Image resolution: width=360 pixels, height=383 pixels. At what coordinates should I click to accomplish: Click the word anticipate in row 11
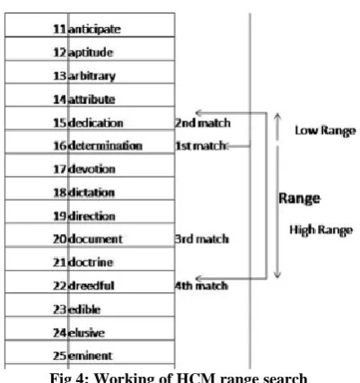tap(94, 30)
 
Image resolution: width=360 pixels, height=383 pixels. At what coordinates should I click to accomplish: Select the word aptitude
tap(91, 53)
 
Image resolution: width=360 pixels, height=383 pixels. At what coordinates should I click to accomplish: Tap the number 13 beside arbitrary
tap(59, 76)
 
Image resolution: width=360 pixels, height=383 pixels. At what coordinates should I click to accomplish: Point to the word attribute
tap(92, 100)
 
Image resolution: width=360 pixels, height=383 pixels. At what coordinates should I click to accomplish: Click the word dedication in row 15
tap(96, 123)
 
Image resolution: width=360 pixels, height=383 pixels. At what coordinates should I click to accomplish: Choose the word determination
tap(105, 146)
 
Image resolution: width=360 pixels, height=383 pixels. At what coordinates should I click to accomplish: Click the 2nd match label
tap(203, 123)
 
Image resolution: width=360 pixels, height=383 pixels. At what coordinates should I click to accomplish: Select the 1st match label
tap(200, 146)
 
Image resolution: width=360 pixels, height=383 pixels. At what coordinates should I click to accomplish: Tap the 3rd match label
tap(202, 239)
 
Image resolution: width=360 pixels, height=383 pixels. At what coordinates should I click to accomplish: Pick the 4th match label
tap(201, 286)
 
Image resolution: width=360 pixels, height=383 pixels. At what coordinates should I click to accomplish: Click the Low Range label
tap(325, 131)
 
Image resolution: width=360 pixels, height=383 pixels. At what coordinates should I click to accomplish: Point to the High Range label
tap(321, 231)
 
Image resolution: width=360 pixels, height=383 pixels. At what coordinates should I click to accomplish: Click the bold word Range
tap(299, 198)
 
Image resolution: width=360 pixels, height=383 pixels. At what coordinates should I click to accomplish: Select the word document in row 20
tap(95, 239)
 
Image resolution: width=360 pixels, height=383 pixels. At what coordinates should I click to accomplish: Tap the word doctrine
tap(91, 263)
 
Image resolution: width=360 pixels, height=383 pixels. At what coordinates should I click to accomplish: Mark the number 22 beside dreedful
tap(59, 286)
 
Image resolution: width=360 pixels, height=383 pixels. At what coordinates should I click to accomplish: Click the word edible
tap(84, 309)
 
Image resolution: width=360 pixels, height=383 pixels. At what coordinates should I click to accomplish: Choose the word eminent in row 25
tap(91, 356)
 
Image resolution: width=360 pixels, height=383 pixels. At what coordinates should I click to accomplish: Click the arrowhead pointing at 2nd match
tap(199, 113)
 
